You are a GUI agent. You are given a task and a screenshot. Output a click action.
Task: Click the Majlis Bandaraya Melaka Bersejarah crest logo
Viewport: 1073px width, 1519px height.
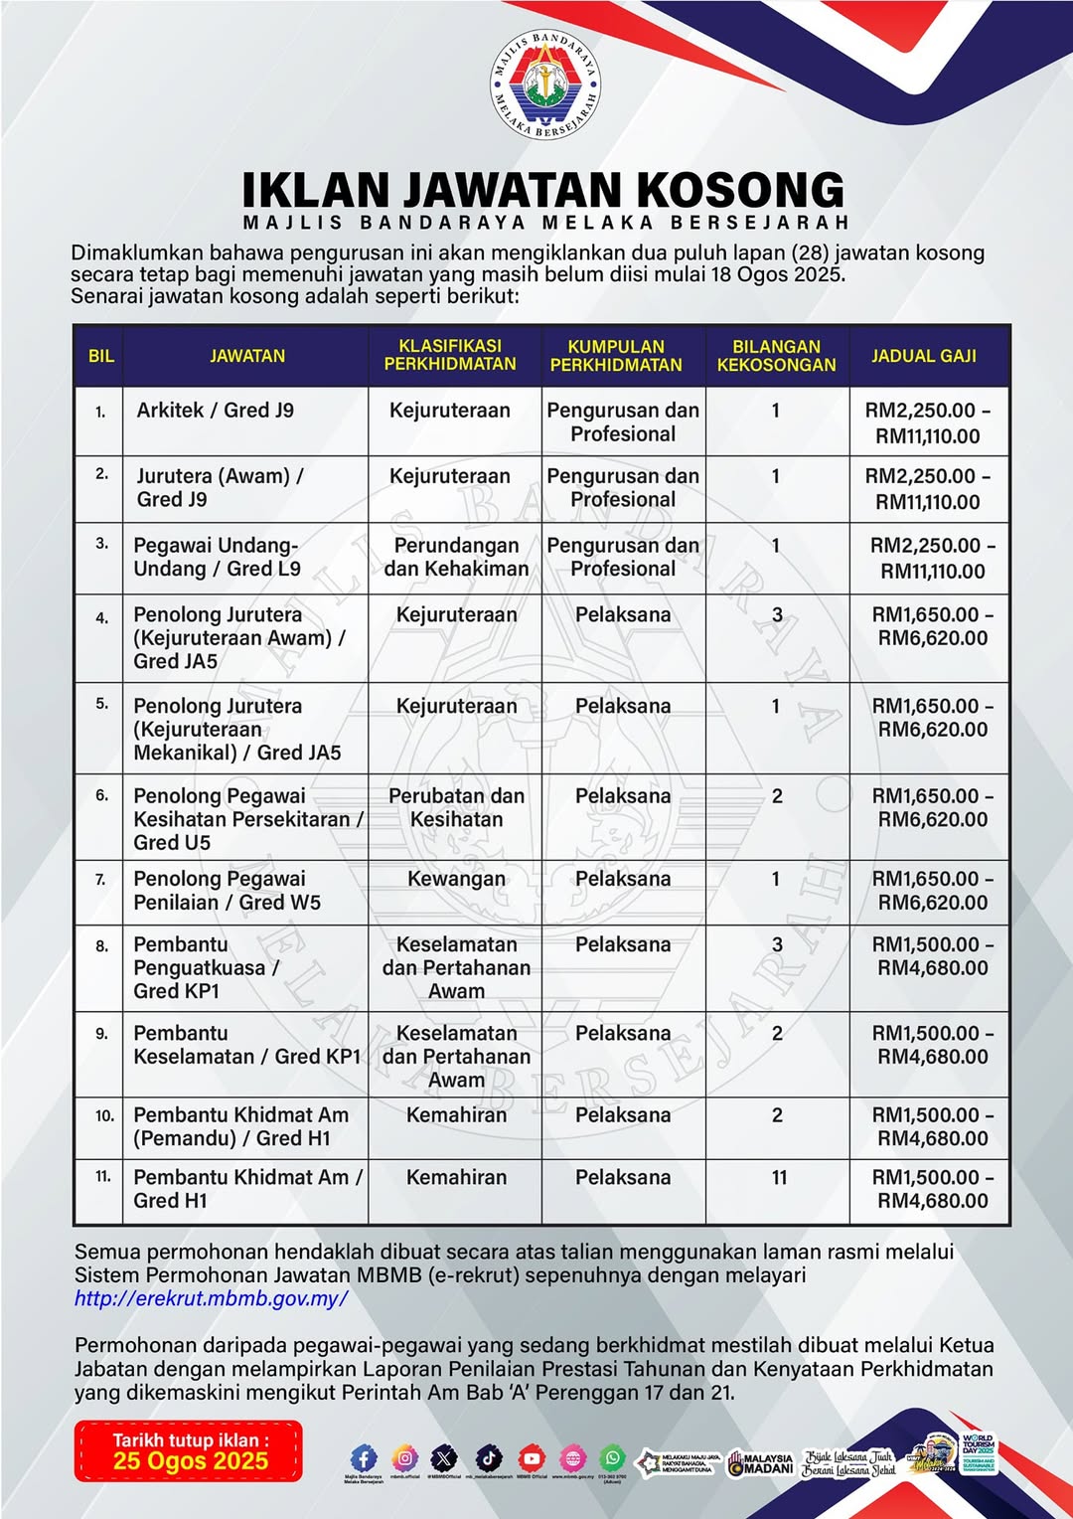point(545,84)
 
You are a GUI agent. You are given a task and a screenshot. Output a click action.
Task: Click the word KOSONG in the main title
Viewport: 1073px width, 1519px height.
point(740,190)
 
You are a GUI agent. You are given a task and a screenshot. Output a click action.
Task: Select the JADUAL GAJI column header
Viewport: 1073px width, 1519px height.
point(924,356)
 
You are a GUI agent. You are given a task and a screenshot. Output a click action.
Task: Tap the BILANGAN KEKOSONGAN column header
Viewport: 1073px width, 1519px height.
point(776,356)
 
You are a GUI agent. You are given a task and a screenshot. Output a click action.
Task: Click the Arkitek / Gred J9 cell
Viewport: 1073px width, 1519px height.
point(216,411)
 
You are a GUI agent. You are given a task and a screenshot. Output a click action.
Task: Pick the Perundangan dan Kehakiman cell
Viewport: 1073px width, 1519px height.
point(456,558)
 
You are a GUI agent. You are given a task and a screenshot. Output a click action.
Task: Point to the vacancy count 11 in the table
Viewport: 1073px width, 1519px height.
point(779,1178)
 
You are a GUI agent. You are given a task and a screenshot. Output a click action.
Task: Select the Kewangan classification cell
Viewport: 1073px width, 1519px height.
point(456,879)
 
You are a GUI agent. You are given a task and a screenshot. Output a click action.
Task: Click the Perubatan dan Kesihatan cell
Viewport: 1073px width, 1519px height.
point(456,807)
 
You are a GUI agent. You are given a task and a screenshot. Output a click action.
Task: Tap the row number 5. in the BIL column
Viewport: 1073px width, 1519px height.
point(101,704)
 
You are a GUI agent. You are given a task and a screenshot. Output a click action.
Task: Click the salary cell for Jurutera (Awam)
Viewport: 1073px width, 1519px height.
point(928,489)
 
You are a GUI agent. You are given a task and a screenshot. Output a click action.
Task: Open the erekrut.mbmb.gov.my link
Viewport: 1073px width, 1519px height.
point(211,1298)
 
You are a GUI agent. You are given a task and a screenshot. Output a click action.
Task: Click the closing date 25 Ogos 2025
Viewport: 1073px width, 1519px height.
point(190,1460)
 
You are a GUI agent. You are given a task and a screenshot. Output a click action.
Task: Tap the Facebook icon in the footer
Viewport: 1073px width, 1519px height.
point(364,1458)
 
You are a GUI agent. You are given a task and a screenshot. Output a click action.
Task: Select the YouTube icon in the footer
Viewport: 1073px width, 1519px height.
point(532,1458)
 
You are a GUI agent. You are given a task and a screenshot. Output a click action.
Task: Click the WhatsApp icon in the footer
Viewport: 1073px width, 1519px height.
point(613,1458)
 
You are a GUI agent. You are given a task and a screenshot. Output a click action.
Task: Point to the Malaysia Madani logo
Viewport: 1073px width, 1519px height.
point(760,1464)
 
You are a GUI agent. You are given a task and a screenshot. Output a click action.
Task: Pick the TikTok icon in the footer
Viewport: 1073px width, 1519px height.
point(489,1458)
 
